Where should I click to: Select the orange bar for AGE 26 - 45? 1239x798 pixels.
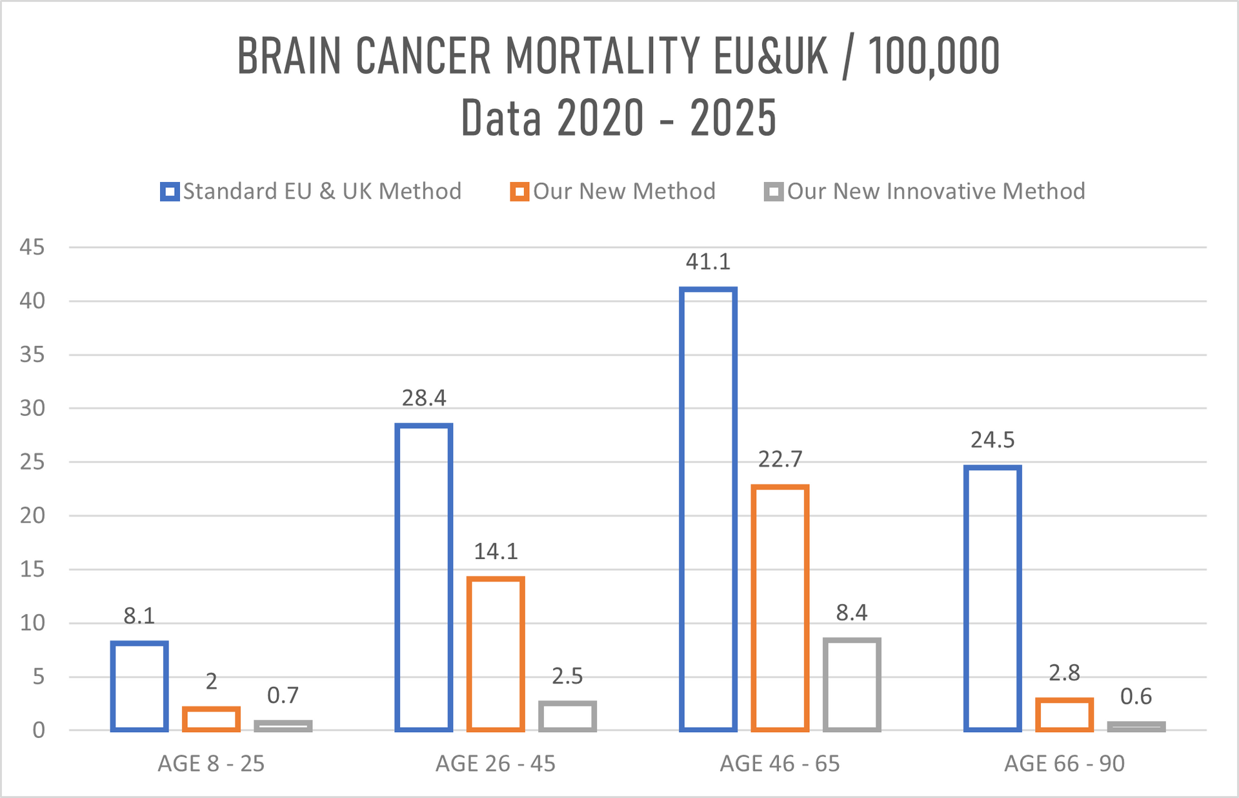tap(496, 653)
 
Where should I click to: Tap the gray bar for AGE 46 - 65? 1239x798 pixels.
tap(852, 684)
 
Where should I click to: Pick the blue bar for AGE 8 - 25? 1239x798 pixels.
tap(139, 686)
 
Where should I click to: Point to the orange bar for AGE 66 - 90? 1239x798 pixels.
tap(1064, 715)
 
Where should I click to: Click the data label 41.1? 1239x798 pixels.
tap(708, 261)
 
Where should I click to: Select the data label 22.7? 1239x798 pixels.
tap(780, 459)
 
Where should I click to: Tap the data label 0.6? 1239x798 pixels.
tap(1136, 696)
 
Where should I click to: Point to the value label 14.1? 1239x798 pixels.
tap(496, 551)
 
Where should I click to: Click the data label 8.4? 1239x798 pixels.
tap(852, 612)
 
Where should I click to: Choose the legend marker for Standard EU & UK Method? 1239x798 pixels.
tap(170, 192)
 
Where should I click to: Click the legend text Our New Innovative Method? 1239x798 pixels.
tap(936, 191)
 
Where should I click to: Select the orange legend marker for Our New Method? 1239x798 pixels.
tap(519, 192)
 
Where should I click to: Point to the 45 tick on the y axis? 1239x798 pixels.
tap(32, 247)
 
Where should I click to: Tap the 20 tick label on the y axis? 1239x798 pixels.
tap(32, 515)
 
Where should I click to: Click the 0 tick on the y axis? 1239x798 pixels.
tap(39, 730)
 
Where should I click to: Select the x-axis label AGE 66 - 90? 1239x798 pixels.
tap(1064, 764)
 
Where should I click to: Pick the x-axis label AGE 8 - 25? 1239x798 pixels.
tap(211, 764)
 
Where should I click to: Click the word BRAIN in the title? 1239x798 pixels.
tap(289, 56)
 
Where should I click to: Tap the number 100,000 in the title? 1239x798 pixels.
tap(934, 56)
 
